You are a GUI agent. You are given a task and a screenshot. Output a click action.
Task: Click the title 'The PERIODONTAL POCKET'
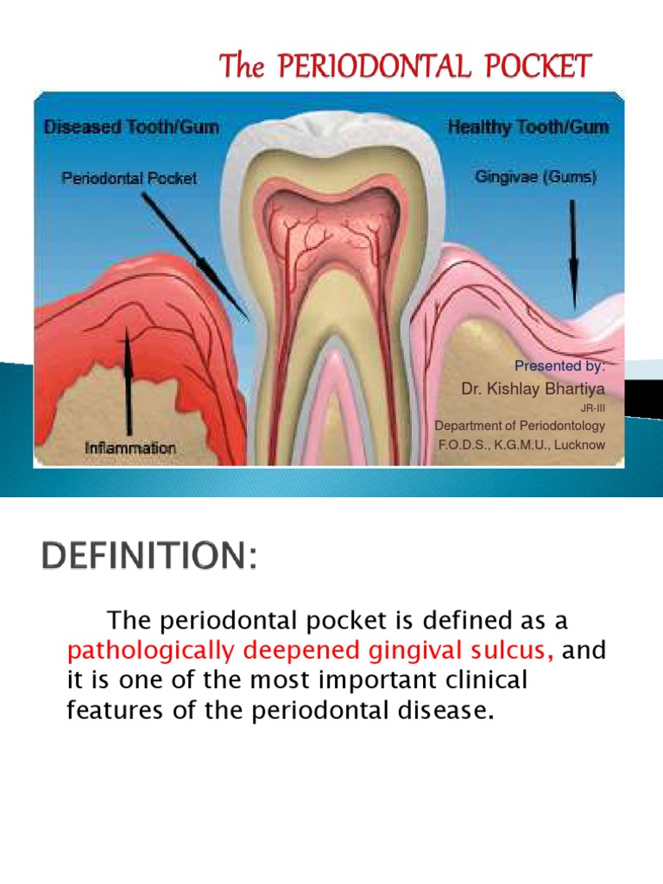coord(405,66)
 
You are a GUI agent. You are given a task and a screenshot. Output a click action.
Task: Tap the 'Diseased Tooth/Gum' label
coord(132,127)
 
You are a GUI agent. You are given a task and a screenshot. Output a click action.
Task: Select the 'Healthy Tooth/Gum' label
coord(528,127)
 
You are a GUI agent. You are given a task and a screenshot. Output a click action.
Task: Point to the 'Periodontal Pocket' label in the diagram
coord(129,179)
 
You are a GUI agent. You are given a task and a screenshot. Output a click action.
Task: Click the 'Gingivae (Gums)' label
coord(536,178)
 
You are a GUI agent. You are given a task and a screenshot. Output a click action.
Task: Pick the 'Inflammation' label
coord(130,448)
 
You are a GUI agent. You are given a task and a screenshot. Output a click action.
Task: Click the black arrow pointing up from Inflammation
coord(128,380)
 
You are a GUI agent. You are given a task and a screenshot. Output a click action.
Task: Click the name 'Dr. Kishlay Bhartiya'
coord(533,389)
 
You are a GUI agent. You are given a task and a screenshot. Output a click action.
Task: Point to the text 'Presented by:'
coord(559,365)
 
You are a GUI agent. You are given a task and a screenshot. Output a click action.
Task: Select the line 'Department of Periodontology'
coord(520,426)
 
